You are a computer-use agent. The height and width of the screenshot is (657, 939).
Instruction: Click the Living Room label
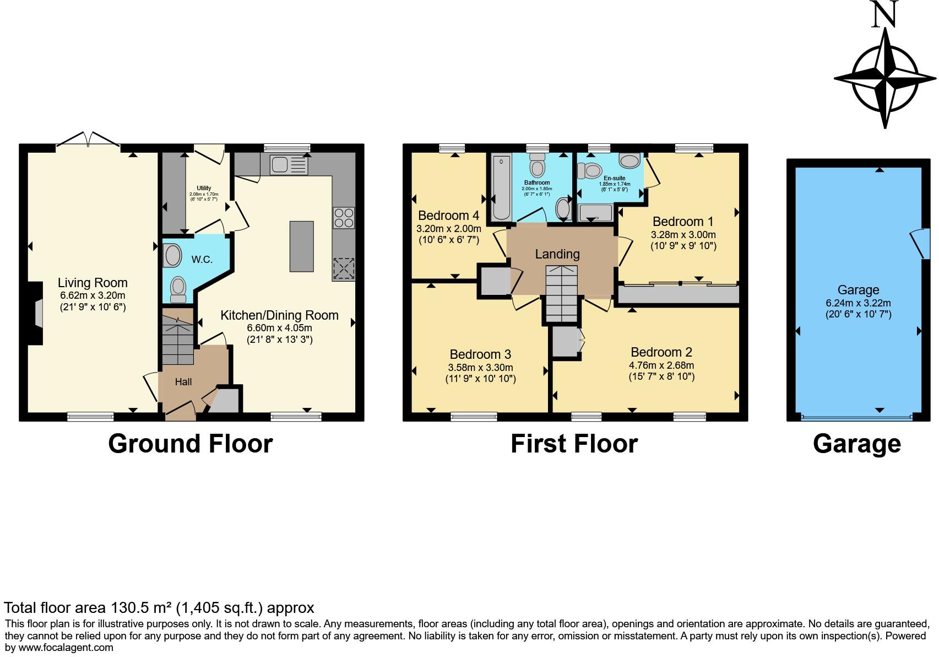93,283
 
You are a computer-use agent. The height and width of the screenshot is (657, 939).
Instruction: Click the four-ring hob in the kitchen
344,217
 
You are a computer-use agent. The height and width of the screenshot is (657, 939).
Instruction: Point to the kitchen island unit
301,246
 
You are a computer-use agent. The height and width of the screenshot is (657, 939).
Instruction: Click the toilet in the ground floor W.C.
177,289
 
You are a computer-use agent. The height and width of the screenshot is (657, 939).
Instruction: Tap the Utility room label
204,188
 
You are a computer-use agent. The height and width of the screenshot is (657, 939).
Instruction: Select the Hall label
183,381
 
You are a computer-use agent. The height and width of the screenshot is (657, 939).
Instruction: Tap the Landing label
557,254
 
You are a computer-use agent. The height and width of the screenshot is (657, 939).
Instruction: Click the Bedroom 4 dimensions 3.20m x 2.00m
449,228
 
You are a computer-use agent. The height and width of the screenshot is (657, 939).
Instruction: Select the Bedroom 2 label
661,352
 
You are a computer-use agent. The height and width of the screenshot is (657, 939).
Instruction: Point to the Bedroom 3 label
480,354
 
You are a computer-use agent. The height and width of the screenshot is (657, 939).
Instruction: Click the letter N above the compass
884,14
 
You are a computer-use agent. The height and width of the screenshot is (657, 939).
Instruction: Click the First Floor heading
574,444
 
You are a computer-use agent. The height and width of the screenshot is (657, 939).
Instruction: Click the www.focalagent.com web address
66,648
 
